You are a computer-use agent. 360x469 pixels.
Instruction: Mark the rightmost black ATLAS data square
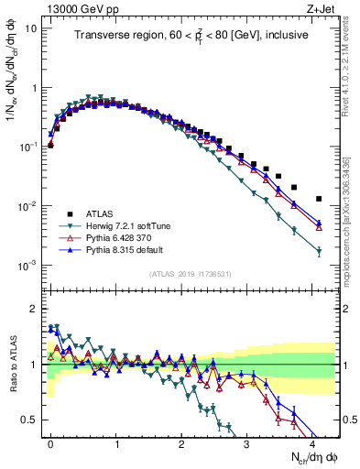[319, 199]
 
